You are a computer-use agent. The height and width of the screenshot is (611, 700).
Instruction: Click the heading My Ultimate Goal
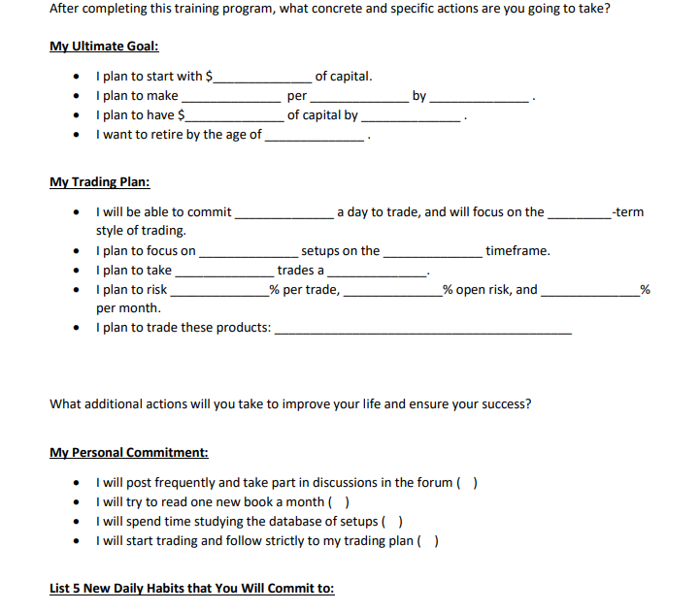[x=104, y=47]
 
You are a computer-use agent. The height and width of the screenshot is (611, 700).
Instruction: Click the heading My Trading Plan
[x=99, y=182]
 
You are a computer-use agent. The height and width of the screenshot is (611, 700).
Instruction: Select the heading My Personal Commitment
[x=128, y=453]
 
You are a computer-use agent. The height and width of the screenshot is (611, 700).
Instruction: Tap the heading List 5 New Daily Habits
[x=191, y=589]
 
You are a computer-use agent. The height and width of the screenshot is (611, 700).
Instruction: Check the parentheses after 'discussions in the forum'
[x=466, y=483]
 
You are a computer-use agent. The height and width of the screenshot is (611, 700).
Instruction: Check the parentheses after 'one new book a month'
[x=340, y=502]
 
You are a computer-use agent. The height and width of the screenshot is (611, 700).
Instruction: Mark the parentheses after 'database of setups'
[x=394, y=522]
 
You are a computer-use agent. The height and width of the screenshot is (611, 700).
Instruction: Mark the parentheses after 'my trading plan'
[x=427, y=541]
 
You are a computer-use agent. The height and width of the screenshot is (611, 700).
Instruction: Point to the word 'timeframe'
[x=517, y=251]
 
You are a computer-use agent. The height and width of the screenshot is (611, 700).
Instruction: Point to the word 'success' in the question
[x=502, y=404]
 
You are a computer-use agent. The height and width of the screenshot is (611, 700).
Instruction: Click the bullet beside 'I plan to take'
[x=78, y=271]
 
